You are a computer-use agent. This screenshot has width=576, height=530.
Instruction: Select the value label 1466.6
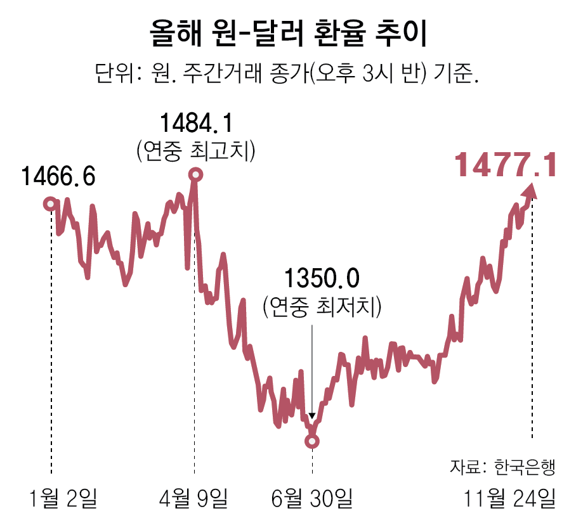[x=58, y=177]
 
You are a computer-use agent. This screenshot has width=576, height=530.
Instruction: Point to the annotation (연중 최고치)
[x=195, y=151]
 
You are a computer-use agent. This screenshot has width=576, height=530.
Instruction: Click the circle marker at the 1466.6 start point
[x=50, y=204]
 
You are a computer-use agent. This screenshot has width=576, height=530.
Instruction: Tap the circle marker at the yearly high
[x=196, y=174]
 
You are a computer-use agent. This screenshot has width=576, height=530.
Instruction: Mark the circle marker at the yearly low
[x=311, y=441]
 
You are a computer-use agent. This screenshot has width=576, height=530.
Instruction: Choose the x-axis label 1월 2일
[x=63, y=498]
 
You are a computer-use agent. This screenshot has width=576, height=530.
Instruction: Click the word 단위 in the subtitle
[x=112, y=72]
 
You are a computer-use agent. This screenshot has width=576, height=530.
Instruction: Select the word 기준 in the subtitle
[x=454, y=72]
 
